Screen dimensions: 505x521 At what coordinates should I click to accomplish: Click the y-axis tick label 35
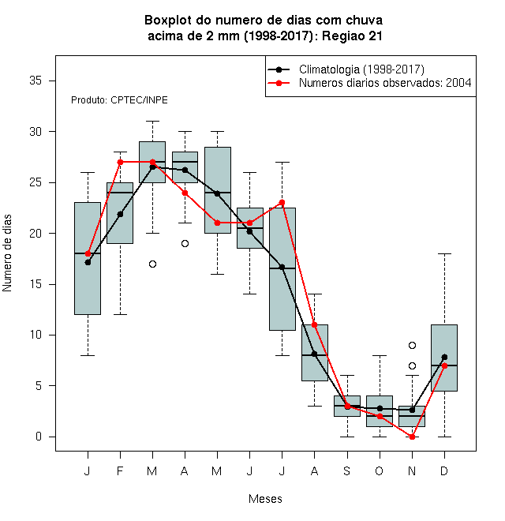click(x=36, y=81)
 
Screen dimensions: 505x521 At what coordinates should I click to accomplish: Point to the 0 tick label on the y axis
click(x=39, y=437)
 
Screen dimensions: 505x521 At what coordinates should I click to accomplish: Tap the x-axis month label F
click(x=120, y=470)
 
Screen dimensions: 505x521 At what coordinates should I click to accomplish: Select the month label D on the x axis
click(x=444, y=470)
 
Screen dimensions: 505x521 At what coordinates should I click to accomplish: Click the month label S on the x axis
click(x=347, y=470)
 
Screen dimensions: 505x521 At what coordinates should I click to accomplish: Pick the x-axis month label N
click(x=412, y=470)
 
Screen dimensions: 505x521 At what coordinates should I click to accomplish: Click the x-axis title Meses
click(x=265, y=499)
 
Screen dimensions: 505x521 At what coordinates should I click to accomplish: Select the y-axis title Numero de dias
click(x=7, y=253)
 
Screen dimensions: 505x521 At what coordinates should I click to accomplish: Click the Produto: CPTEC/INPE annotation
click(x=119, y=100)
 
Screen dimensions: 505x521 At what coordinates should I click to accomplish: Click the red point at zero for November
click(x=412, y=437)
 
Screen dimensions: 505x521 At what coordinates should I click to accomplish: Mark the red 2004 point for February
click(x=120, y=162)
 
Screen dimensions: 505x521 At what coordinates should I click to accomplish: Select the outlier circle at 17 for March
click(x=152, y=264)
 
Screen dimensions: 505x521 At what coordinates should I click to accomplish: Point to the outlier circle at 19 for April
click(x=185, y=244)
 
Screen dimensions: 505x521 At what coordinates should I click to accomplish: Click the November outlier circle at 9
click(x=412, y=346)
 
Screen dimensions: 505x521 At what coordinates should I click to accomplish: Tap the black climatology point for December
click(x=444, y=357)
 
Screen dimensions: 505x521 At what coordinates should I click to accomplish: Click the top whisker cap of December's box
click(x=444, y=254)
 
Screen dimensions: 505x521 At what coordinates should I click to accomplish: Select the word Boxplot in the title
click(x=168, y=21)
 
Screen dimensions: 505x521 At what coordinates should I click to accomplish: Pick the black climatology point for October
click(x=380, y=408)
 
